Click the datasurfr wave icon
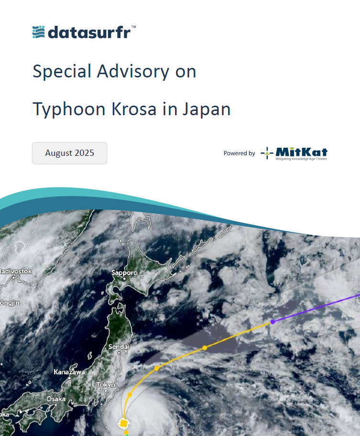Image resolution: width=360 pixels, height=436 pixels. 38,32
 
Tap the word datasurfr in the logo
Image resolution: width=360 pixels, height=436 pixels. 89,32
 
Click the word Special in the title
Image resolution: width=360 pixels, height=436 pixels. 62,71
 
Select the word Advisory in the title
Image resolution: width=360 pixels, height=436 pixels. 133,71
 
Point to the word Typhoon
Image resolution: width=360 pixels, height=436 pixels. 69,109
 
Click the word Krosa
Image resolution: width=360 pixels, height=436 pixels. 134,109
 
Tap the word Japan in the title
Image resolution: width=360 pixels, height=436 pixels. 207,109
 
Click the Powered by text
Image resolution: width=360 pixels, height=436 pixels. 240,153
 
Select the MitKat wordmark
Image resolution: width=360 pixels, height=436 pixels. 301,152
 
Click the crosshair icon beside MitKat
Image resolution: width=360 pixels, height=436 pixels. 267,153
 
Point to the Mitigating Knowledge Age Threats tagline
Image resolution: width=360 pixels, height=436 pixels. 301,159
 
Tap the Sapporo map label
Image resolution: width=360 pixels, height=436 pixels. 124,272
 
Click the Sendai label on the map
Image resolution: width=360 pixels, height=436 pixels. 119,347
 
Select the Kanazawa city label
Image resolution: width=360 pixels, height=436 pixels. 69,372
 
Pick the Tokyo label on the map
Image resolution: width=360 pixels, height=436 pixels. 106,384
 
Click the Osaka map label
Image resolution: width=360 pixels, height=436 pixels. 56,399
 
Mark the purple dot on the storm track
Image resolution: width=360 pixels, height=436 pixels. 273,322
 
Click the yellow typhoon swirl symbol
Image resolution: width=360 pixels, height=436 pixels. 123,423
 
